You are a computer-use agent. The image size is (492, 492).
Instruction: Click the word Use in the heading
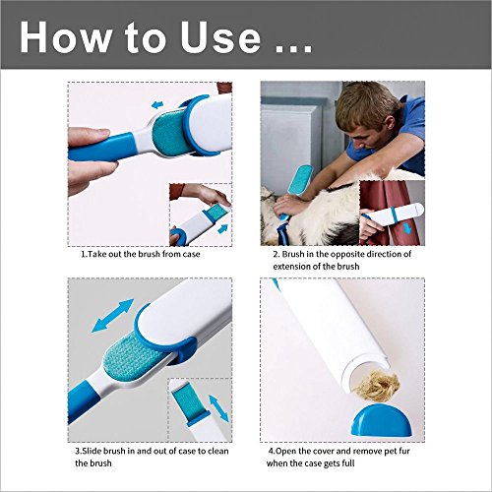[220, 36]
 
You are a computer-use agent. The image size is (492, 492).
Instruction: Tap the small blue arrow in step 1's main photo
[157, 105]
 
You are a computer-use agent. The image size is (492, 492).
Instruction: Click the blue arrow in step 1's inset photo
[222, 228]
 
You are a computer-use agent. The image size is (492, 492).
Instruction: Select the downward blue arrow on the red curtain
[407, 228]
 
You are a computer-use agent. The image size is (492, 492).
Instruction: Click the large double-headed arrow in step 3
[113, 316]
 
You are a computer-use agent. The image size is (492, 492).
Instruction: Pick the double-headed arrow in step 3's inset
[218, 408]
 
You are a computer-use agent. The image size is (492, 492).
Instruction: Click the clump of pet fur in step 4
[378, 385]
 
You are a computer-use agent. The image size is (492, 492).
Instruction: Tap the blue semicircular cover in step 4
[381, 420]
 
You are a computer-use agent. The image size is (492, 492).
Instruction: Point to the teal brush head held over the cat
[299, 180]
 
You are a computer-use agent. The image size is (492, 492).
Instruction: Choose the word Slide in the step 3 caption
[92, 451]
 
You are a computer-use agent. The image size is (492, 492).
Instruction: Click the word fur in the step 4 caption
[404, 451]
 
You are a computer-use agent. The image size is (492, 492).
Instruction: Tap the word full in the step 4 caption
[348, 463]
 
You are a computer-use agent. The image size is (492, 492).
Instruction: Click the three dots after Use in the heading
[293, 50]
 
